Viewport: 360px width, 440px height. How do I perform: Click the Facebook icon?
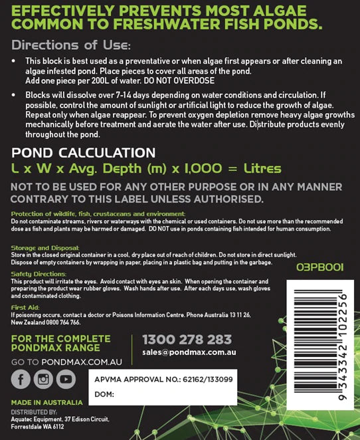(20, 379)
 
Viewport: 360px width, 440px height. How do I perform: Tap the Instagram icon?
(43, 379)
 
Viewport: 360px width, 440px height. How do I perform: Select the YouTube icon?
(65, 379)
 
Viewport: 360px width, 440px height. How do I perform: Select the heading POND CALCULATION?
(84, 152)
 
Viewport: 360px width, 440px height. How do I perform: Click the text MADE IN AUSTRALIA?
(46, 403)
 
